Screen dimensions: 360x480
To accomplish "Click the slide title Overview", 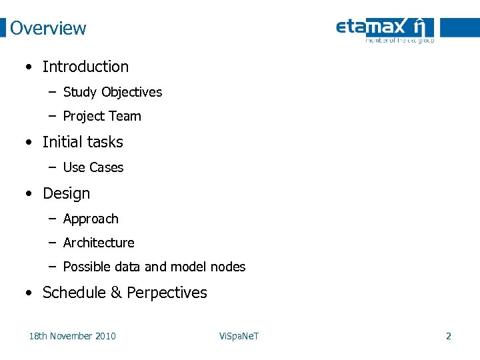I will click(48, 28).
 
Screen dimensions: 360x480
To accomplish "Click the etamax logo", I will click(385, 29).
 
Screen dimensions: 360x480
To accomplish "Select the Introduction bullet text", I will click(85, 67).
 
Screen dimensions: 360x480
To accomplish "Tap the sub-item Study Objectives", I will click(112, 92).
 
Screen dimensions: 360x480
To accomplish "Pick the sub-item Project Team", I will click(102, 116).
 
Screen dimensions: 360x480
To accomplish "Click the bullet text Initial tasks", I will click(83, 142).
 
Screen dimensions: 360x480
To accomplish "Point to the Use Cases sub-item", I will click(93, 167).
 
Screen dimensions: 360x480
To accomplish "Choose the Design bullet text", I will click(66, 193).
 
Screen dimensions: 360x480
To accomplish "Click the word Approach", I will click(91, 219).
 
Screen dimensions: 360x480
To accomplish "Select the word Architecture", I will click(99, 243).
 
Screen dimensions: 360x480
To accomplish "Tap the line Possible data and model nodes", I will click(154, 267).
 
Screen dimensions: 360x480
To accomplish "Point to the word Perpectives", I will click(167, 293).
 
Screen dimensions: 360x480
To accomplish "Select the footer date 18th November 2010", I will click(72, 336).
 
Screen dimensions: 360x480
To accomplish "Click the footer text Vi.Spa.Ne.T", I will click(239, 336).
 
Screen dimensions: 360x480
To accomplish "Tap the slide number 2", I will click(448, 336).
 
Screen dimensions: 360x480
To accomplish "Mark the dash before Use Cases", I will click(52, 167).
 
